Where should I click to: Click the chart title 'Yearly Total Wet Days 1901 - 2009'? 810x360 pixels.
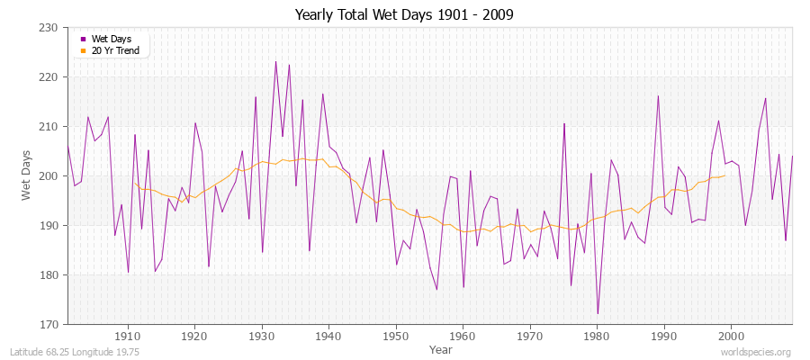[404, 15]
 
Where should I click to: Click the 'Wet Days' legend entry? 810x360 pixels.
[110, 39]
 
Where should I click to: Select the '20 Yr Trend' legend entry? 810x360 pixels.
[114, 50]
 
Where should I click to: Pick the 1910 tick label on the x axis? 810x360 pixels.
[128, 336]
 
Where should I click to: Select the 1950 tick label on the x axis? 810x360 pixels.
[396, 336]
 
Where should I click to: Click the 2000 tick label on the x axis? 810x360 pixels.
[731, 336]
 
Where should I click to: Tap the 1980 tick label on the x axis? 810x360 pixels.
[597, 336]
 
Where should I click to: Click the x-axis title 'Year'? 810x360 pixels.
[441, 349]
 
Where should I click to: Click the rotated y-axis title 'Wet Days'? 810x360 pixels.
[27, 176]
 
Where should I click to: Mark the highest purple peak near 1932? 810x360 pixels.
[275, 61]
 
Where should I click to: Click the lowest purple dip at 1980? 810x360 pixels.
[598, 314]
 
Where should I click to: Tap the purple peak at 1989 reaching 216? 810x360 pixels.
[658, 96]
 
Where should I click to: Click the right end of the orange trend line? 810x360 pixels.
[724, 175]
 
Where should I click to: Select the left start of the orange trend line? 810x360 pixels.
[134, 184]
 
